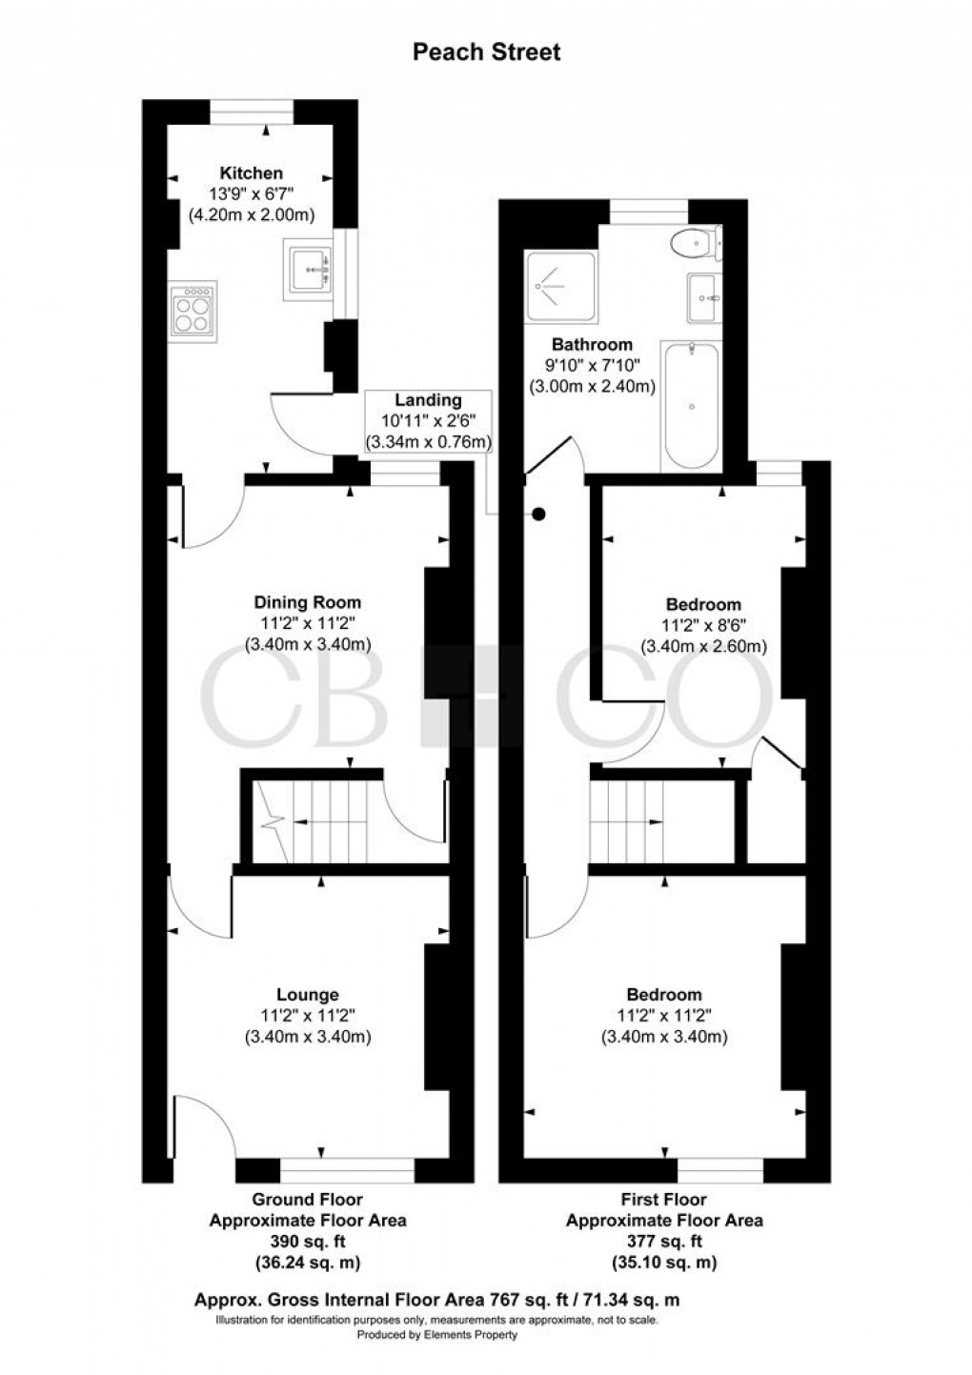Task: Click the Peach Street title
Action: pyautogui.click(x=486, y=51)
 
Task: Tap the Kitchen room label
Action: pyautogui.click(x=252, y=173)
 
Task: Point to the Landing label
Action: pyautogui.click(x=429, y=401)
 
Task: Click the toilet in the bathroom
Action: pyautogui.click(x=693, y=244)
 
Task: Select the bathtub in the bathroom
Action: pyautogui.click(x=691, y=405)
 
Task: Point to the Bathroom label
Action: pyautogui.click(x=592, y=344)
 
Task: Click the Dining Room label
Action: pyautogui.click(x=308, y=602)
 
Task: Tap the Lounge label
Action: pyautogui.click(x=308, y=995)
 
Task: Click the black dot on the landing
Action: pyautogui.click(x=538, y=515)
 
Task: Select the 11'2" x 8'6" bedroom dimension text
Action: pyautogui.click(x=702, y=625)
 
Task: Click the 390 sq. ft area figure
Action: pyautogui.click(x=307, y=1242)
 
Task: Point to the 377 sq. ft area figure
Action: pyautogui.click(x=664, y=1242)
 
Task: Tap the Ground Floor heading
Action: pyautogui.click(x=307, y=1200)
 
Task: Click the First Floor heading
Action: pyautogui.click(x=664, y=1200)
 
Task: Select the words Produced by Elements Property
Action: pyautogui.click(x=437, y=1335)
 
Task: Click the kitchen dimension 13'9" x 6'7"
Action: pyautogui.click(x=252, y=193)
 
